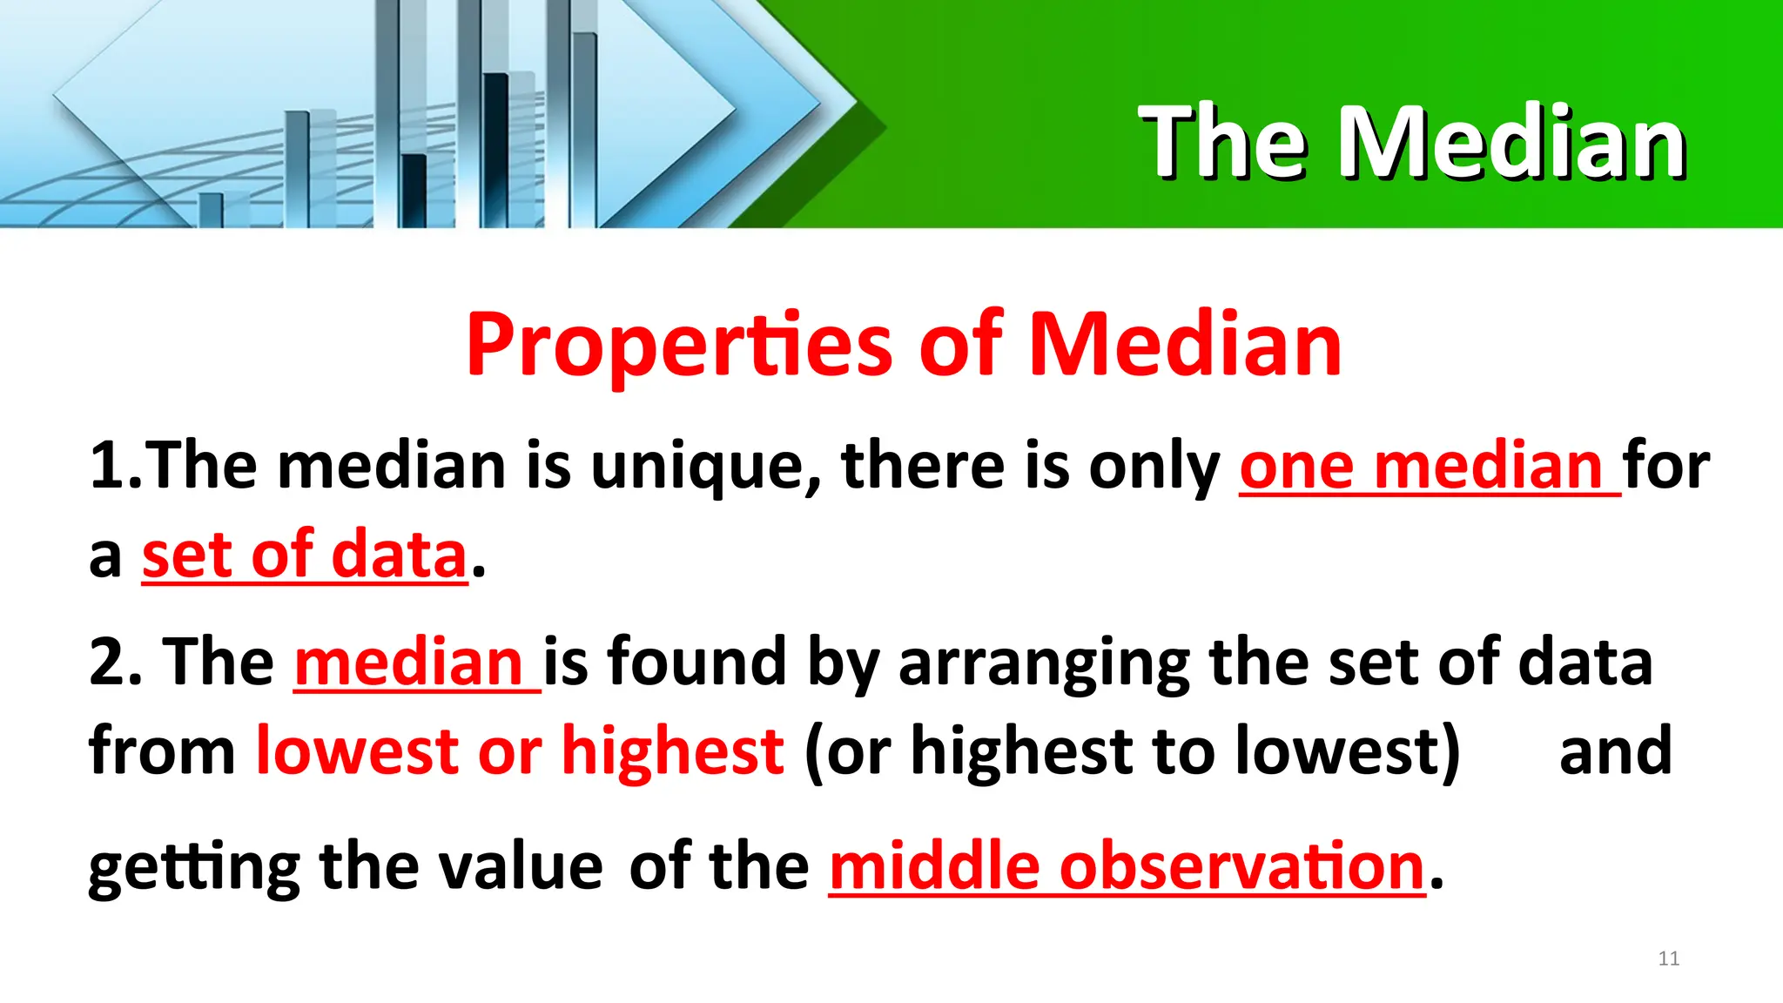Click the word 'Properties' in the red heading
pos(679,346)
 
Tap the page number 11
pos(1668,959)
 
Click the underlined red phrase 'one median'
pos(1421,467)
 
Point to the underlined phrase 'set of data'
pos(305,555)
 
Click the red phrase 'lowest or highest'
pos(519,751)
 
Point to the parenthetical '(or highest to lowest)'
pos(1132,751)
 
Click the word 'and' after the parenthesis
pos(1615,751)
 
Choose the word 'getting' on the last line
pos(193,868)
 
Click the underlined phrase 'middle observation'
pos(1127,867)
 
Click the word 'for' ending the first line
pos(1666,467)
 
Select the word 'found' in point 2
pos(696,662)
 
